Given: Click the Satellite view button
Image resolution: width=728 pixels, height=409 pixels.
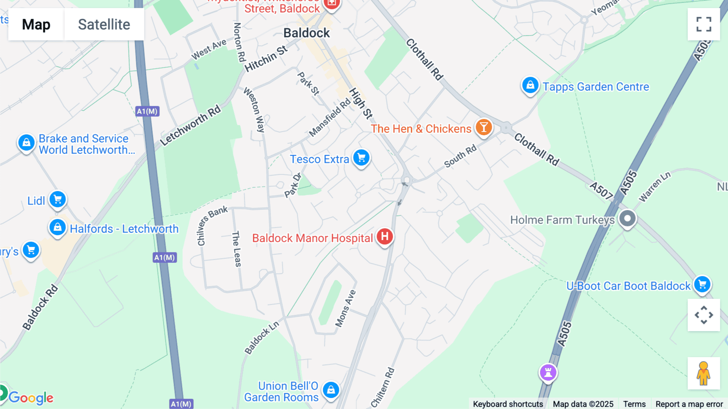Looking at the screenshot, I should click(104, 24).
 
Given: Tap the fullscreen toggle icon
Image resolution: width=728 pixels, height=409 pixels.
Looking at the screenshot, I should click(704, 24).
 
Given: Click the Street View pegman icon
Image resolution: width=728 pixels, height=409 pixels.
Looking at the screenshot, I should click(703, 373).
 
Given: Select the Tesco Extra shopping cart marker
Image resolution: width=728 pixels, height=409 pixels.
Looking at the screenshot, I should click(361, 158).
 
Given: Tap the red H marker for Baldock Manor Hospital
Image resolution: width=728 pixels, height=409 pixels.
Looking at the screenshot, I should click(385, 236).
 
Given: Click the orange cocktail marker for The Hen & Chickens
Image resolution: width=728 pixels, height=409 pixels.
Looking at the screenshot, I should click(483, 127).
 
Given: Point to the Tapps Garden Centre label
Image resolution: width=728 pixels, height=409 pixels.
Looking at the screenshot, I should click(595, 87).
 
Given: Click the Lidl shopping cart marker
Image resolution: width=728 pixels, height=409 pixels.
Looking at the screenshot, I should click(57, 199).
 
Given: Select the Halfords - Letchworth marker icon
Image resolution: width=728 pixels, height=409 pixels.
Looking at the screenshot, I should click(57, 227).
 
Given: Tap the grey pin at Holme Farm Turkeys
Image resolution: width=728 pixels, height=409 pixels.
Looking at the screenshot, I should click(627, 219).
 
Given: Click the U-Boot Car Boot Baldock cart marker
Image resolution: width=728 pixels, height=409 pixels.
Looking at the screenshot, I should click(702, 284).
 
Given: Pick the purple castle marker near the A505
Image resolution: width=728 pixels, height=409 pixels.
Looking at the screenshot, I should click(548, 372).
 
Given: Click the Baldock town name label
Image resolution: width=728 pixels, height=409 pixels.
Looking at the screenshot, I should click(307, 33).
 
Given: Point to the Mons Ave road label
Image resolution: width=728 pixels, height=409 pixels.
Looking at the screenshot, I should click(345, 308).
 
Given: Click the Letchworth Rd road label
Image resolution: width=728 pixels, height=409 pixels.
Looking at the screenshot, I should click(190, 125).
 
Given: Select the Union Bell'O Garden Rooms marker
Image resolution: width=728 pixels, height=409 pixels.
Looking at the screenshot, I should click(331, 390).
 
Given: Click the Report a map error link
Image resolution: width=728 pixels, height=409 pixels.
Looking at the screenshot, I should click(689, 404).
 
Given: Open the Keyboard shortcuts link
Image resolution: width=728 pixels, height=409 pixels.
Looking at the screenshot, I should click(508, 404).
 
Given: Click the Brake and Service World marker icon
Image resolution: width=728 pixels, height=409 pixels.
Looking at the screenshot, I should click(26, 143).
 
